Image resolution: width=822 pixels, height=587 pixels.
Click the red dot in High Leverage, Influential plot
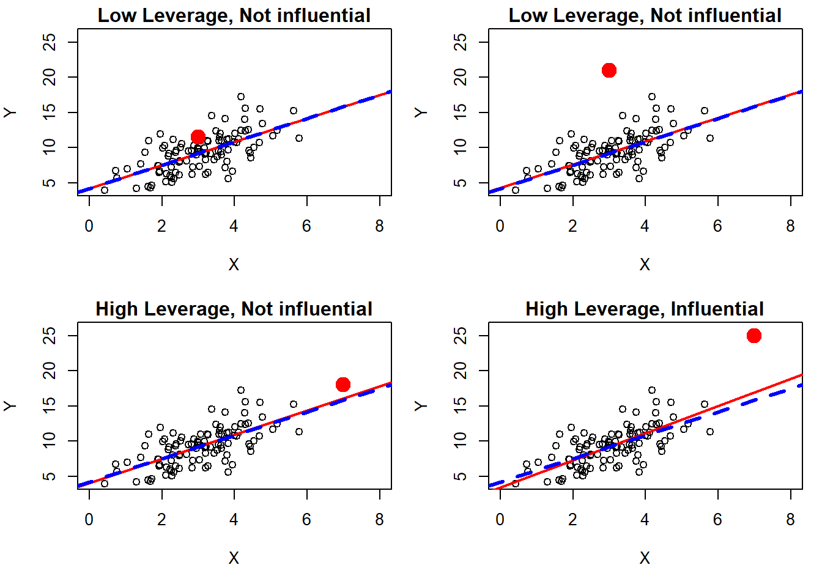[x=754, y=336]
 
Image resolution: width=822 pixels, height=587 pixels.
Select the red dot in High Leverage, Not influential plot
[x=343, y=384]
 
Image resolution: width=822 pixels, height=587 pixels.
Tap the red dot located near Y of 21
[x=609, y=70]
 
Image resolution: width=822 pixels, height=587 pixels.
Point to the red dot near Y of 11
[x=198, y=137]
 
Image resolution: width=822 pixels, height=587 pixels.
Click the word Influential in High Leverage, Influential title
[x=717, y=309]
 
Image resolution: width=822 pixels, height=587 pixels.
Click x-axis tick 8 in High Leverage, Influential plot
[x=790, y=520]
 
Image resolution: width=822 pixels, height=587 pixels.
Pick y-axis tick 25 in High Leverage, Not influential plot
[x=50, y=336]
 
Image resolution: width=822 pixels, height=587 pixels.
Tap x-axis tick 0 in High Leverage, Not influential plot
[x=89, y=520]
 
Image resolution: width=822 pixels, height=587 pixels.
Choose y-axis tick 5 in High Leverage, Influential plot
[x=461, y=476]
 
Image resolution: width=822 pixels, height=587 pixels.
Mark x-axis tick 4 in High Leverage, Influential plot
[x=645, y=520]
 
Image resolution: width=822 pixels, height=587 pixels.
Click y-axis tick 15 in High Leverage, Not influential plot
[x=50, y=406]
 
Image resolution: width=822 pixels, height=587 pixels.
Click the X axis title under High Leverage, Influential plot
[x=645, y=558]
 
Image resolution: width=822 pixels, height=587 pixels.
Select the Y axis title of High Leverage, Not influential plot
[x=10, y=406]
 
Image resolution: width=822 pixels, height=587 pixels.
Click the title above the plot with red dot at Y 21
[x=645, y=16]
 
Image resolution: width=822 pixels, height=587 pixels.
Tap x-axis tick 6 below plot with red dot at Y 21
[x=717, y=226]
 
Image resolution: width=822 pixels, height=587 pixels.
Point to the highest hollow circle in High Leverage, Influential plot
[x=652, y=390]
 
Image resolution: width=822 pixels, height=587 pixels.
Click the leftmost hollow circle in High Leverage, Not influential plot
[x=105, y=484]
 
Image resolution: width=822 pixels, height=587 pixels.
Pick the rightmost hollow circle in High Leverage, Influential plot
[x=710, y=432]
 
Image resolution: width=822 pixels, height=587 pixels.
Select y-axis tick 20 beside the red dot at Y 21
[x=461, y=77]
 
